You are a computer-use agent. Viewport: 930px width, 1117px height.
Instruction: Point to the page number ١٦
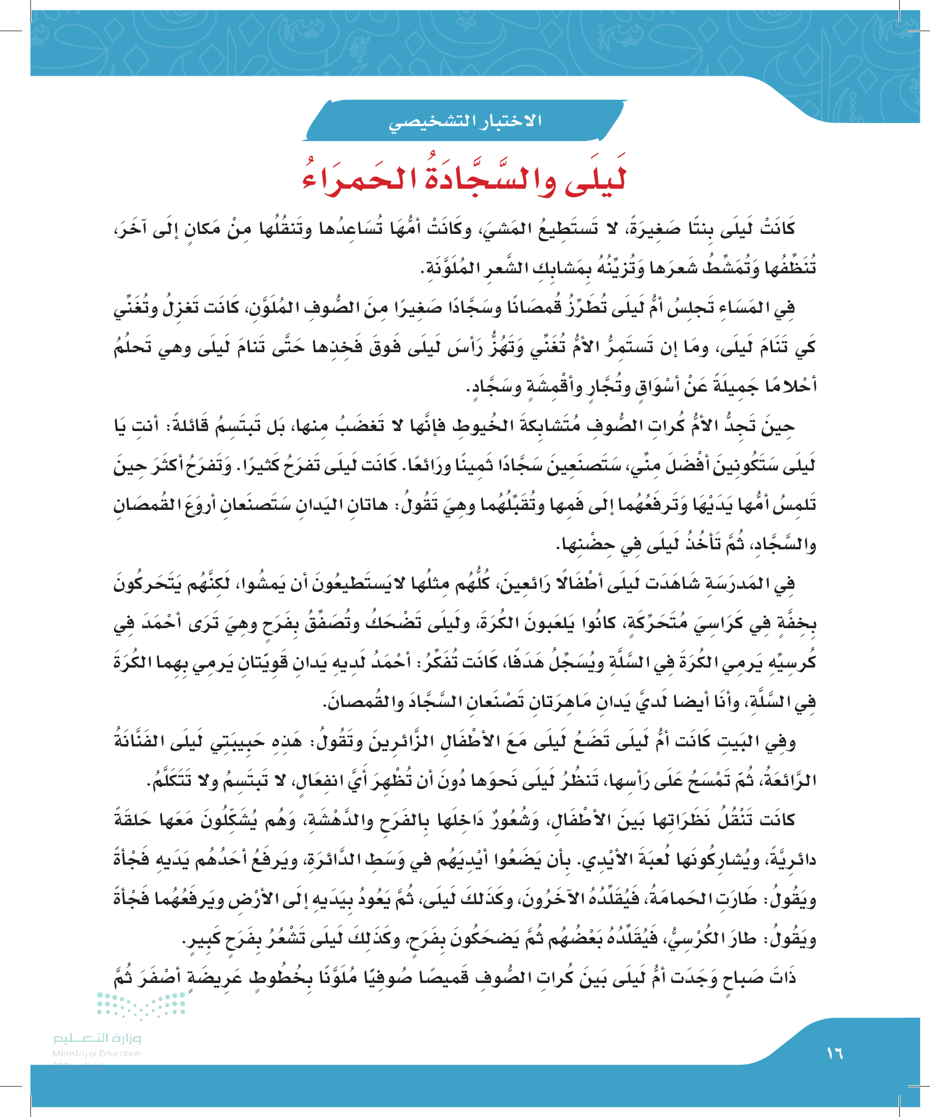coord(834,1053)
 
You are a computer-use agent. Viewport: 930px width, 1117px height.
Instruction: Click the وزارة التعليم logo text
coord(97,1038)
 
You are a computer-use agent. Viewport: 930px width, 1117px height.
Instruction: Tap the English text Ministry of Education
coord(97,1053)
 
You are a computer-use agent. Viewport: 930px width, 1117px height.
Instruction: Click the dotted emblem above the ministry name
coord(140,1005)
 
